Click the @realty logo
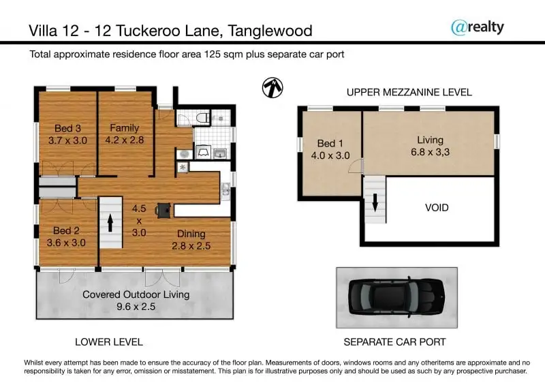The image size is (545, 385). click(x=478, y=27)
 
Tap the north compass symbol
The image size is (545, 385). click(x=272, y=87)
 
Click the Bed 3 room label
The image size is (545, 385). click(x=67, y=128)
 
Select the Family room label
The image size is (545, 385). click(x=125, y=128)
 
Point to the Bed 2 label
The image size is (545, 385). click(x=66, y=230)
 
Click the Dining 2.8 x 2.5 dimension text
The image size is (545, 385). click(x=191, y=246)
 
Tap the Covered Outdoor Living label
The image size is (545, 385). click(x=136, y=294)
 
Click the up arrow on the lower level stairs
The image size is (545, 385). click(x=110, y=223)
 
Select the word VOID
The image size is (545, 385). click(x=437, y=208)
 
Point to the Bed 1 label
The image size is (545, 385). click(x=330, y=143)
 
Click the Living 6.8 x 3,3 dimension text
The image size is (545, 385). click(x=431, y=152)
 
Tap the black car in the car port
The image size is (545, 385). click(x=396, y=297)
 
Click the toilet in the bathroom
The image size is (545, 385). click(x=203, y=117)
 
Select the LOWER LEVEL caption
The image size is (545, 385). click(x=109, y=342)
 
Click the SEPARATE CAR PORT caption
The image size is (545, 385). click(x=395, y=342)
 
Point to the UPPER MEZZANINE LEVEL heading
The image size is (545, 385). click(x=409, y=92)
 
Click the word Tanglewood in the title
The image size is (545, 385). click(x=270, y=31)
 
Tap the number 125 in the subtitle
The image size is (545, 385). click(x=213, y=55)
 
